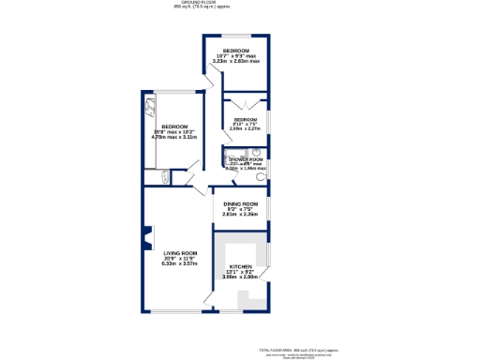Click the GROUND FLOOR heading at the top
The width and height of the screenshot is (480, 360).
click(239, 3)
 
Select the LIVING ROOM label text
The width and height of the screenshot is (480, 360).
click(180, 253)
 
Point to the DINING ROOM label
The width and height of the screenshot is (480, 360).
click(240, 203)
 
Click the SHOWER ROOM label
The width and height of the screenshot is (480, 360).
click(246, 160)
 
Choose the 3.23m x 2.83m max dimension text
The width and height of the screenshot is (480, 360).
click(236, 61)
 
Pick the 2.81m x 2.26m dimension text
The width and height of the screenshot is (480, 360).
click(240, 214)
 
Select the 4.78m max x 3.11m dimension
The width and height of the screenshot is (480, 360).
click(174, 137)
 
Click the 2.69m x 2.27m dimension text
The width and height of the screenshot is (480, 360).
click(246, 129)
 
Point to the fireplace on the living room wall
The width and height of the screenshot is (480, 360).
click(146, 239)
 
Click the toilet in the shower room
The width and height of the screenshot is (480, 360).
click(260, 176)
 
